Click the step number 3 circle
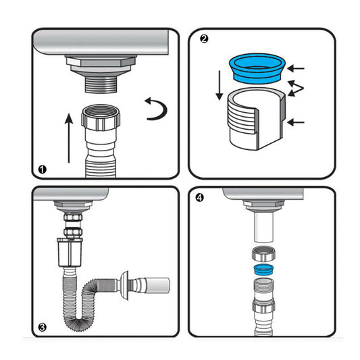pyautogui.click(x=42, y=328)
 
